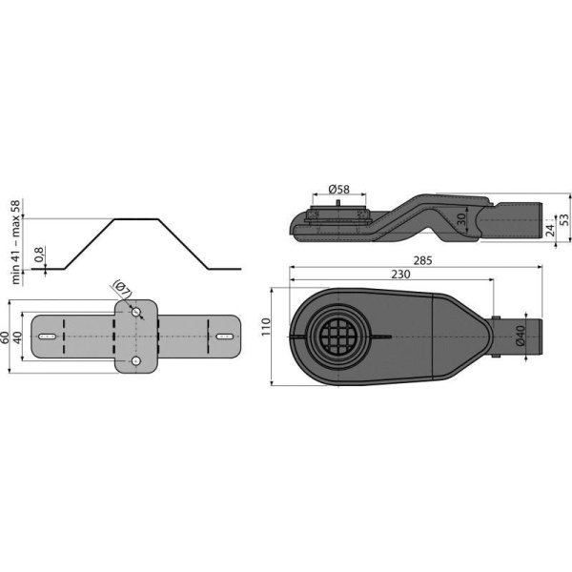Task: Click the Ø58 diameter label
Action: tap(339, 190)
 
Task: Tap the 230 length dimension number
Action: tap(400, 275)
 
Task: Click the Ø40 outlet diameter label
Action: tap(521, 336)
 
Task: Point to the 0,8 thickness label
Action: tap(37, 257)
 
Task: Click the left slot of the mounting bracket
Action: tap(47, 337)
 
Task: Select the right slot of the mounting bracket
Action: tap(224, 337)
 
